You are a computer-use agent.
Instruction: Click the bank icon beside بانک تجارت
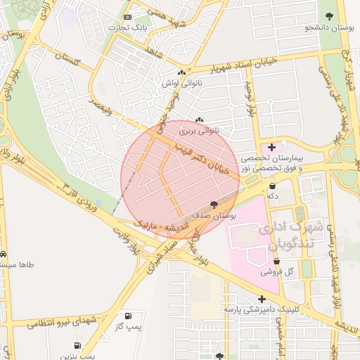127,17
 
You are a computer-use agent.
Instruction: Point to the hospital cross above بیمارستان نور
271,146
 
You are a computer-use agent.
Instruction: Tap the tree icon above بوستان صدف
214,203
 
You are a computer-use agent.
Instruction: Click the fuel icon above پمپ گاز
127,316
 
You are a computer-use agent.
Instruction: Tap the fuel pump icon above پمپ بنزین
77,346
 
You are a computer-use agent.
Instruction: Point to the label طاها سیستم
18,265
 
